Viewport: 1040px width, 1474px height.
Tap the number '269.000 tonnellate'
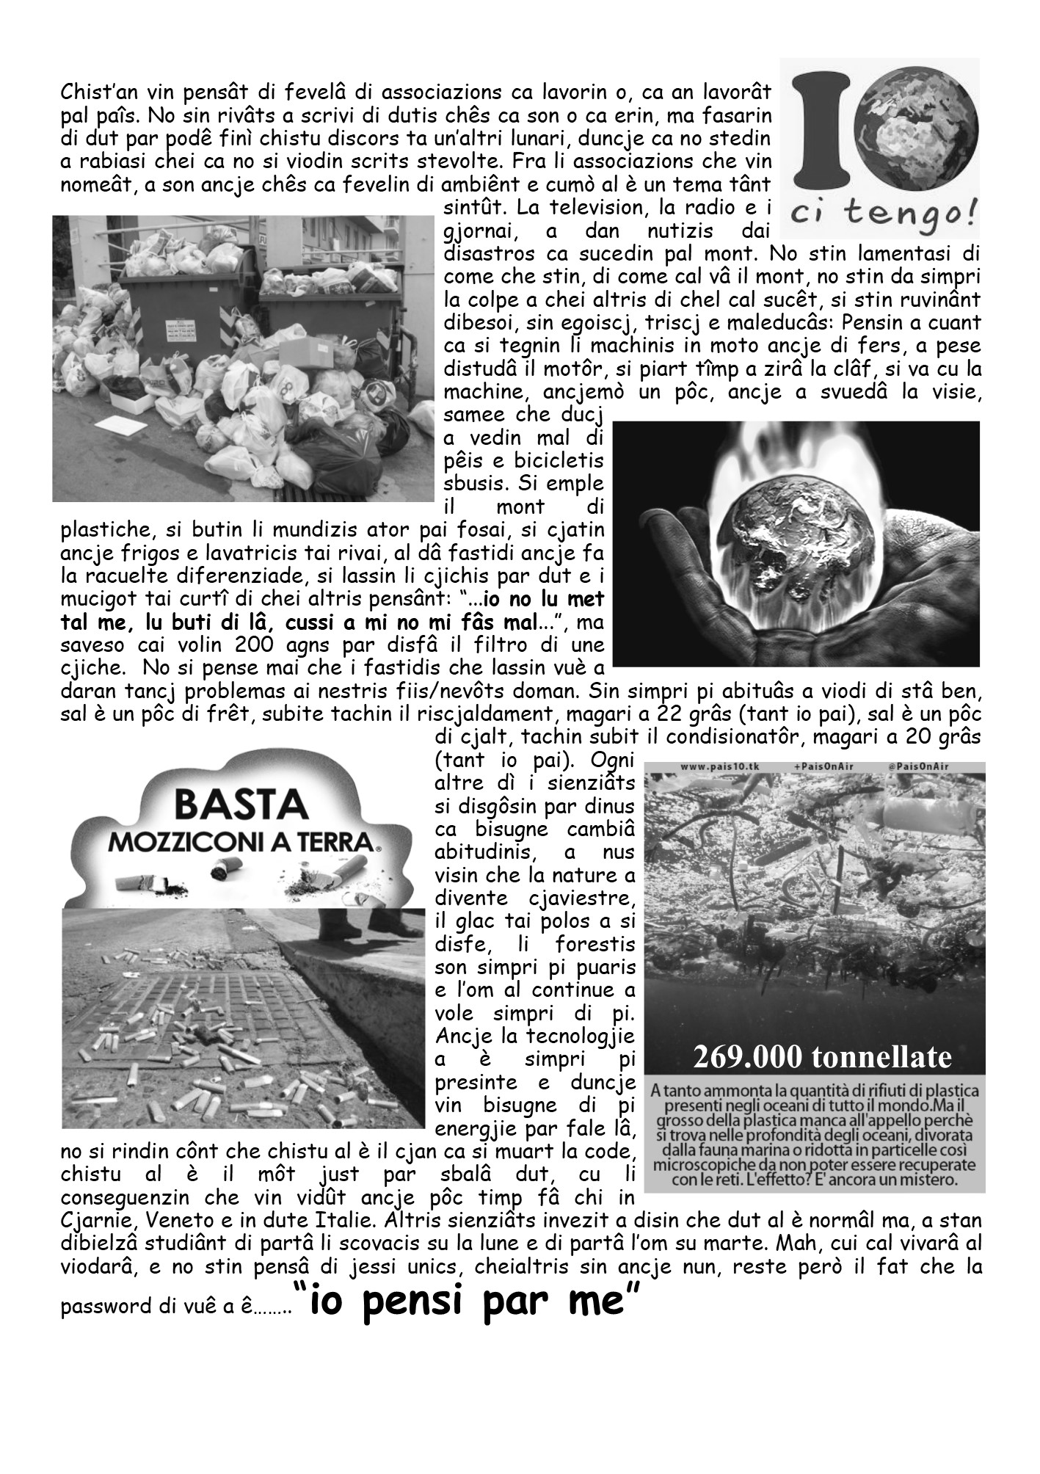pyautogui.click(x=822, y=1057)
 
